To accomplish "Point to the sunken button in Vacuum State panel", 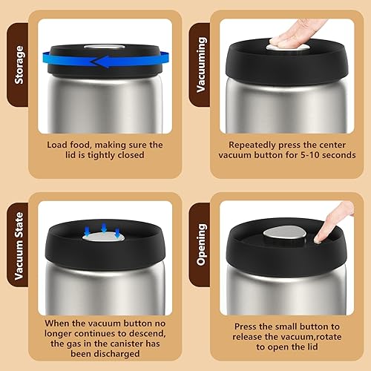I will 102,236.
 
